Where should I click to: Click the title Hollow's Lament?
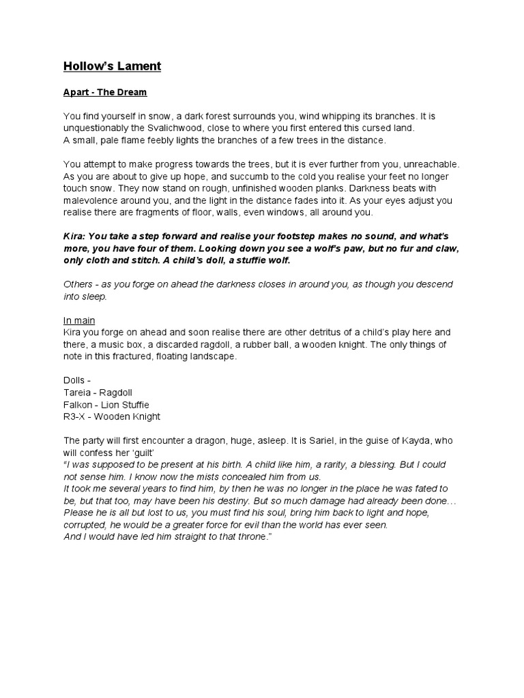(x=112, y=66)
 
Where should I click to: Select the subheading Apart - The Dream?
(x=104, y=92)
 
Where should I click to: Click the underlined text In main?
(x=79, y=320)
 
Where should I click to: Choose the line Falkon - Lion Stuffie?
(x=106, y=404)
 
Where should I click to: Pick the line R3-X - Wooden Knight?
(x=112, y=416)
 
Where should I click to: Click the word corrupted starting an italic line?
(x=87, y=525)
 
